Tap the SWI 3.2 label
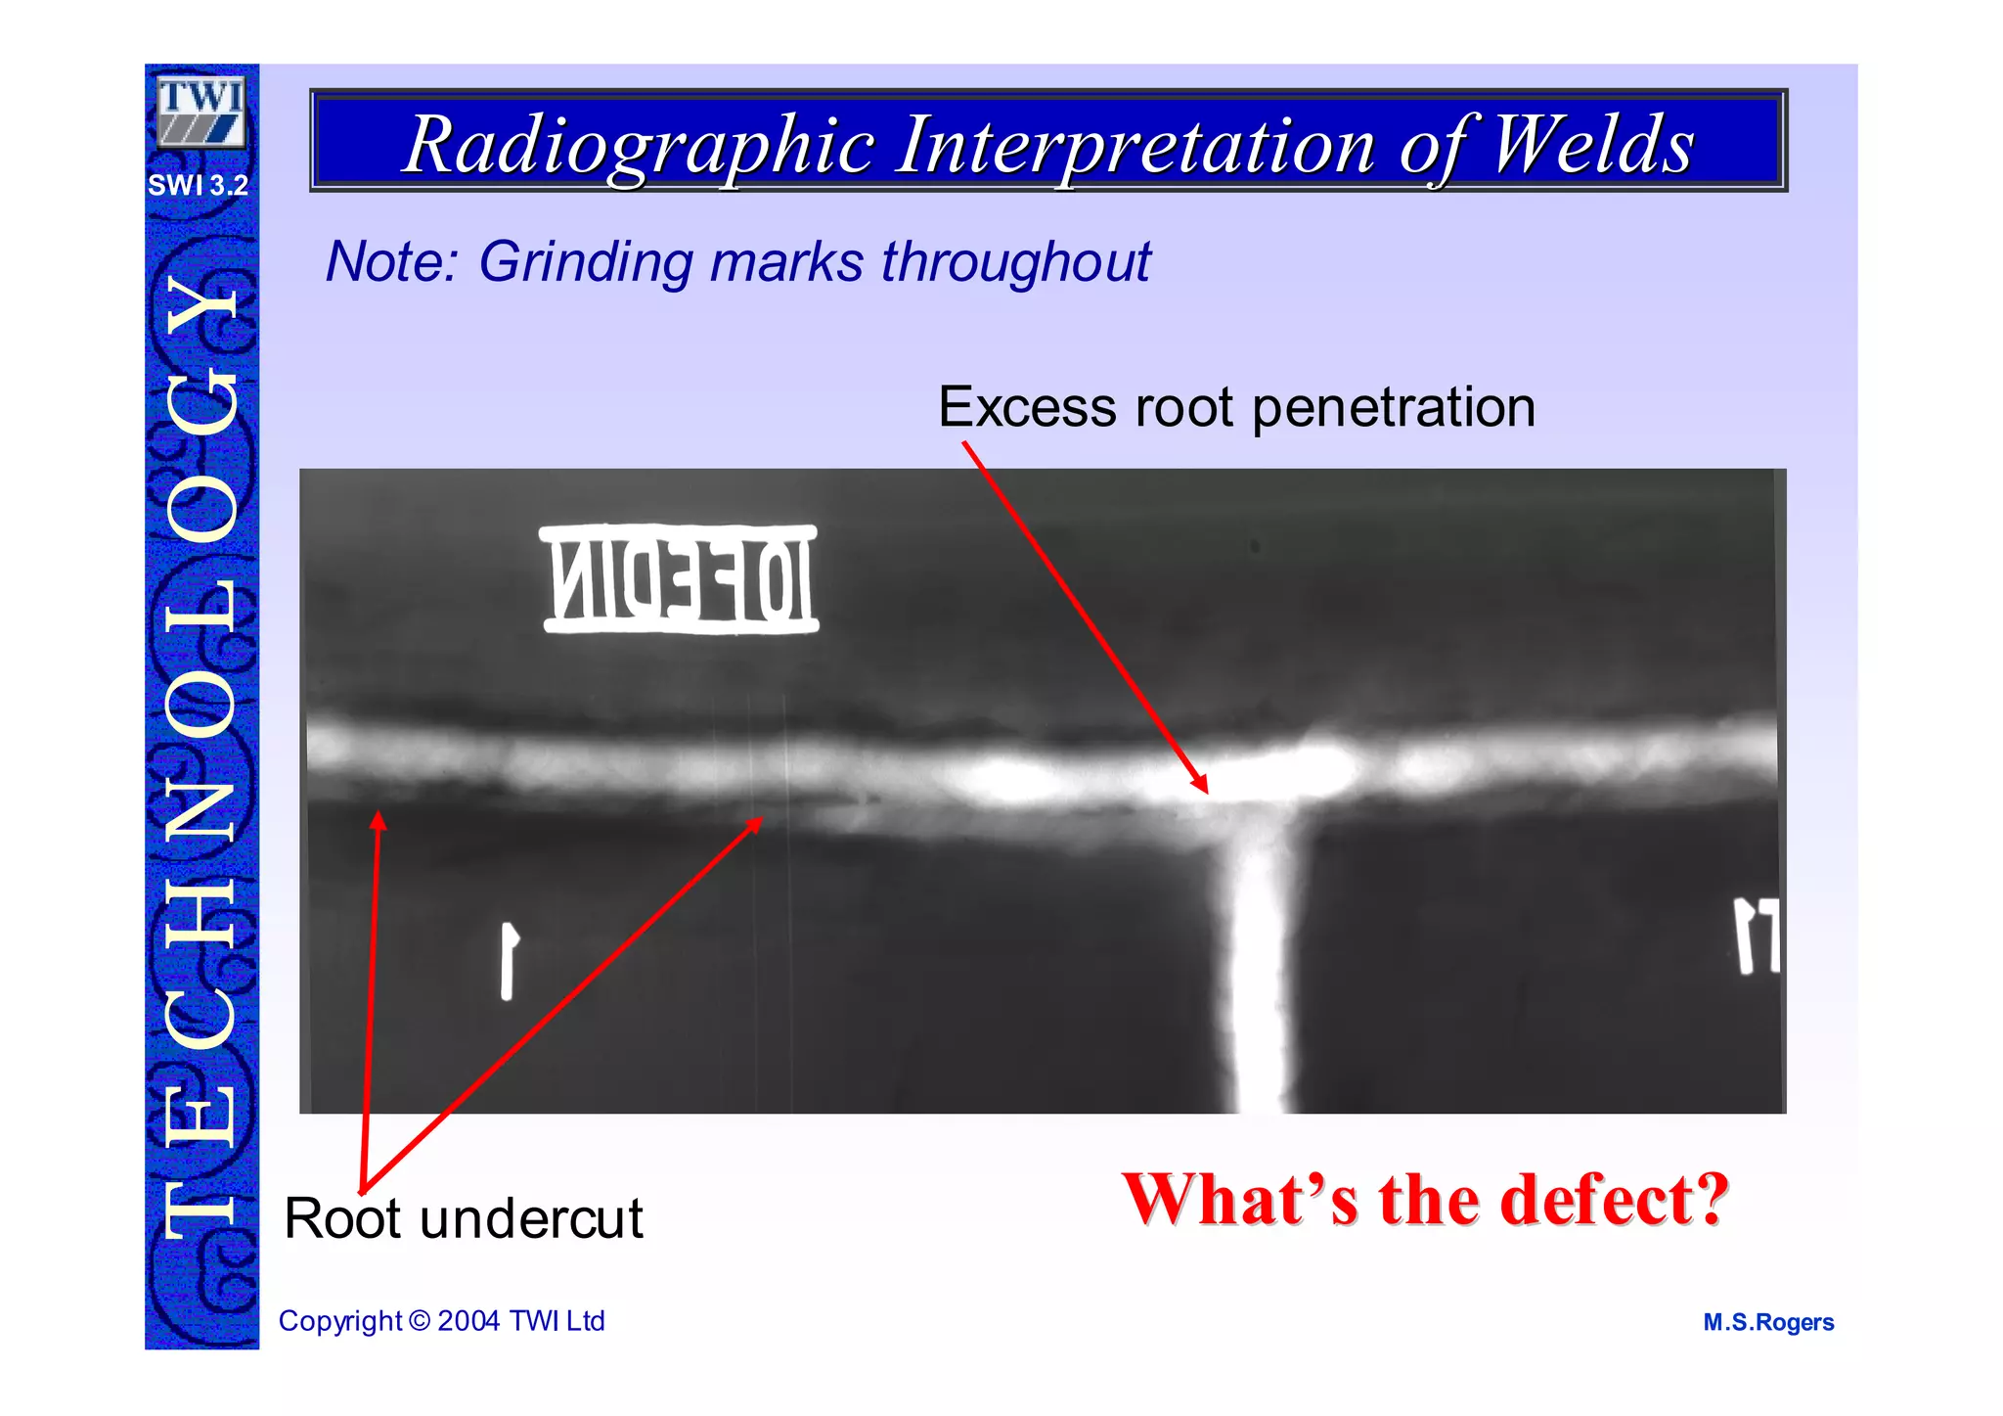pos(199,185)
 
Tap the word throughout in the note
pos(1016,261)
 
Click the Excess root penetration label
pos(1236,406)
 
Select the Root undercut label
pos(464,1218)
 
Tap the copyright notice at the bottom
pos(442,1320)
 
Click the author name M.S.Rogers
pos(1768,1322)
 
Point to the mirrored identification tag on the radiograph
pos(680,579)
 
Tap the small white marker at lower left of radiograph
pos(508,960)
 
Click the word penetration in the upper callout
pos(1394,406)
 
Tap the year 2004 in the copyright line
pos(468,1320)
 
